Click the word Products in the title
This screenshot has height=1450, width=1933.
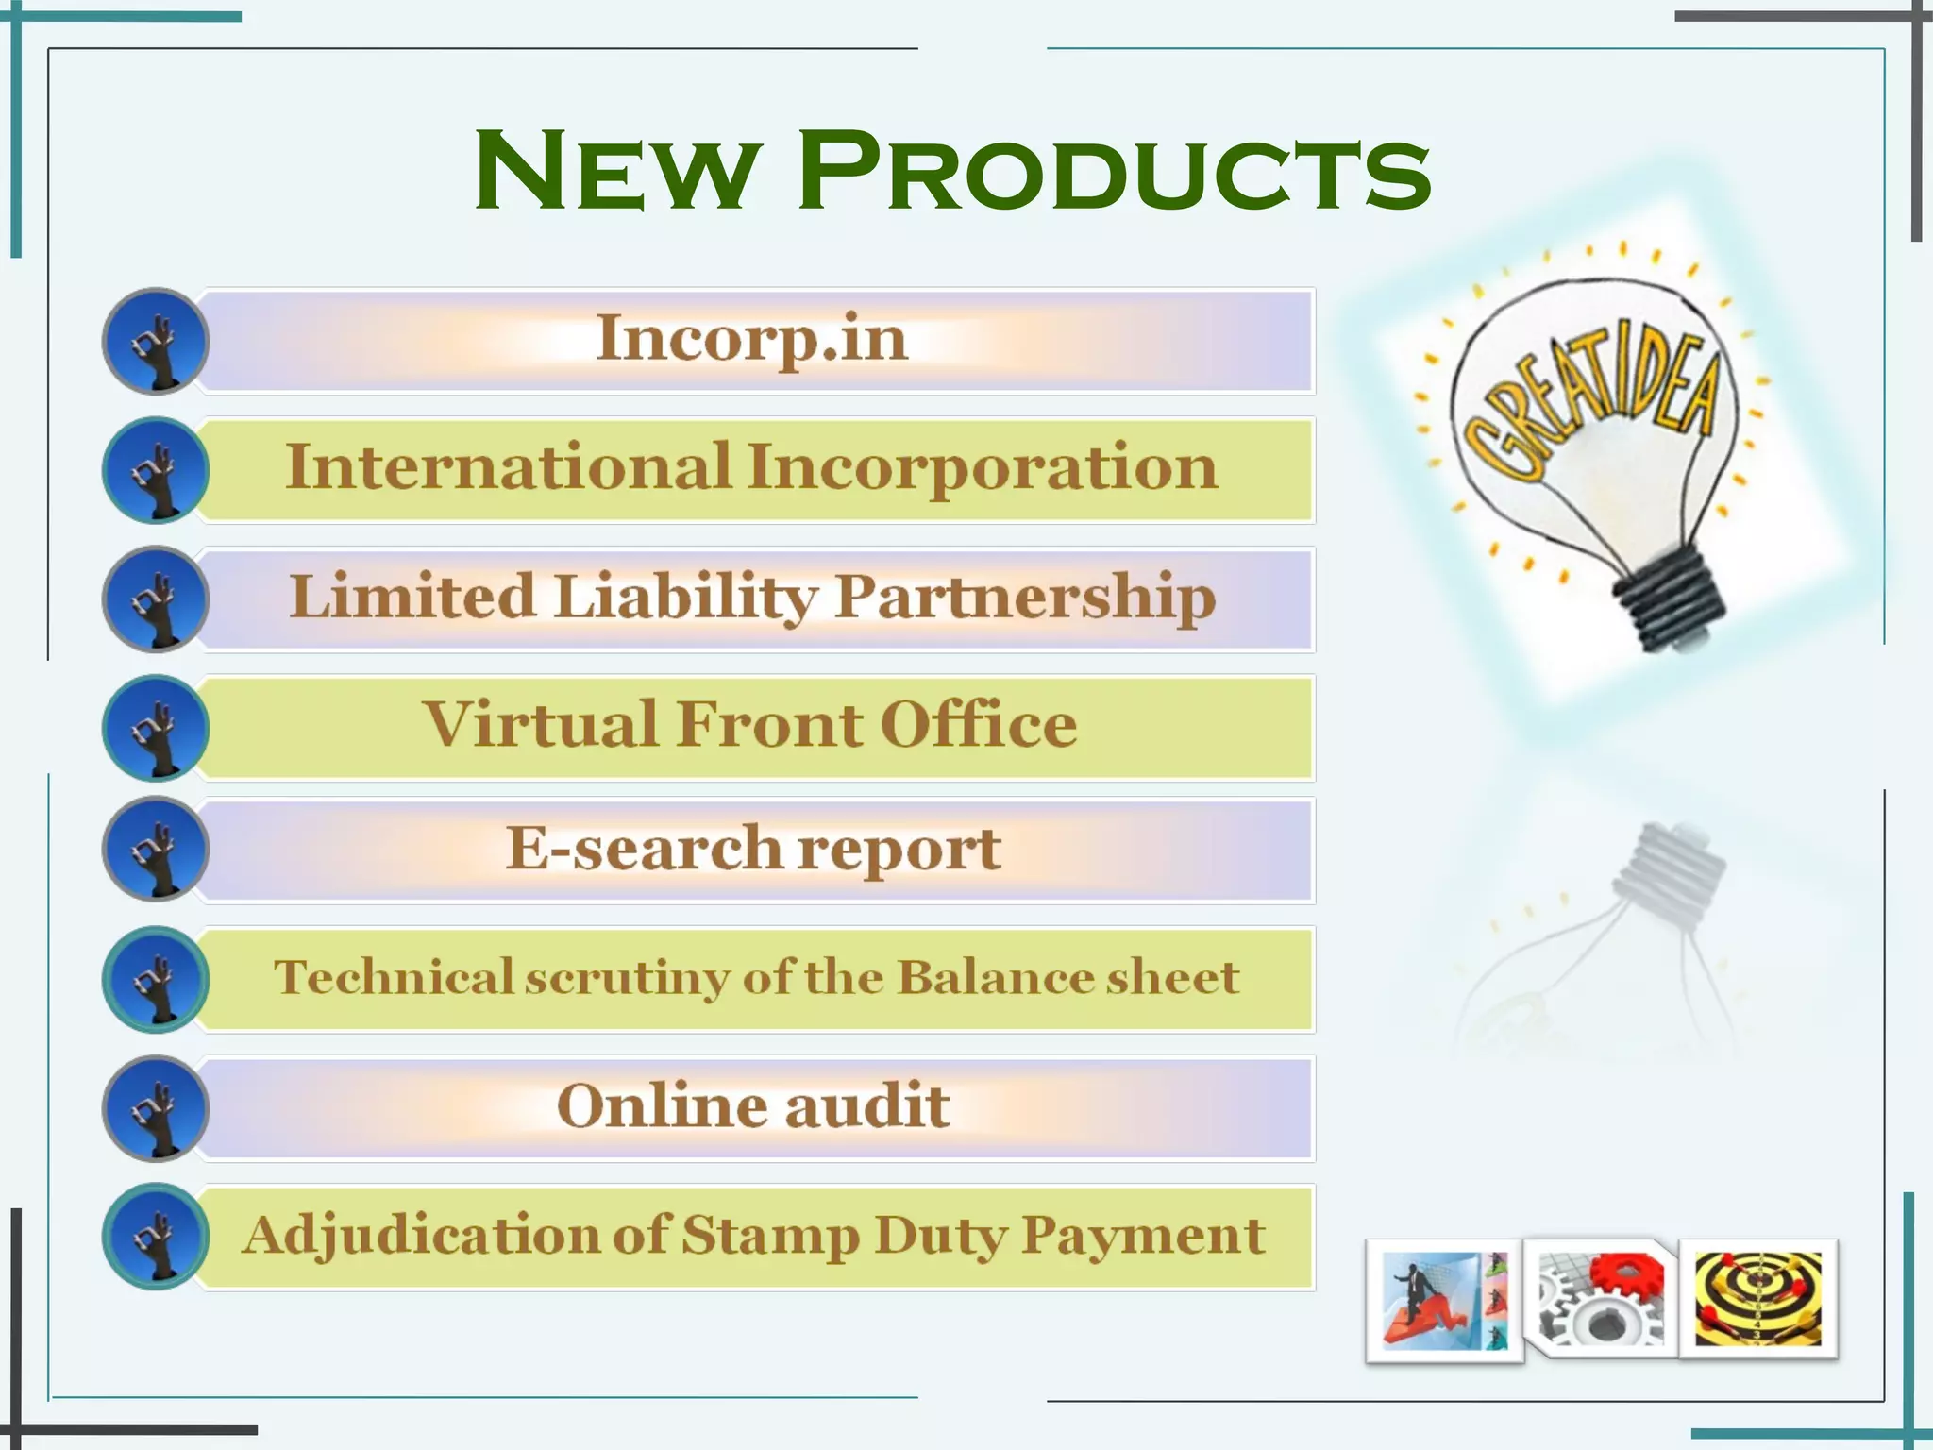[1114, 172]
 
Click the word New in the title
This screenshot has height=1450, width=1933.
[615, 172]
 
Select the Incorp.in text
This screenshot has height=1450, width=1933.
[752, 338]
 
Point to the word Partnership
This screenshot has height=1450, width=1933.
[1025, 598]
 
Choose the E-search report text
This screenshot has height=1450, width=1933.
[752, 848]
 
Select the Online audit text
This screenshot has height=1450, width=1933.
[752, 1105]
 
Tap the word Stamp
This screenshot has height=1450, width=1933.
[769, 1235]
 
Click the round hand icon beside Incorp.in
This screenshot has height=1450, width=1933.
[155, 341]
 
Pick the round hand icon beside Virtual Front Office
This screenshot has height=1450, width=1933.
[155, 728]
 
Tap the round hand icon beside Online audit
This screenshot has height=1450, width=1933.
[155, 1108]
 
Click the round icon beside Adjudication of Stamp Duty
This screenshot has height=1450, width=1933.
[155, 1237]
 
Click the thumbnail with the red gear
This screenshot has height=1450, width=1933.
[1601, 1298]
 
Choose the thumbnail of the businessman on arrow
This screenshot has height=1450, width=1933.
[1444, 1300]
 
